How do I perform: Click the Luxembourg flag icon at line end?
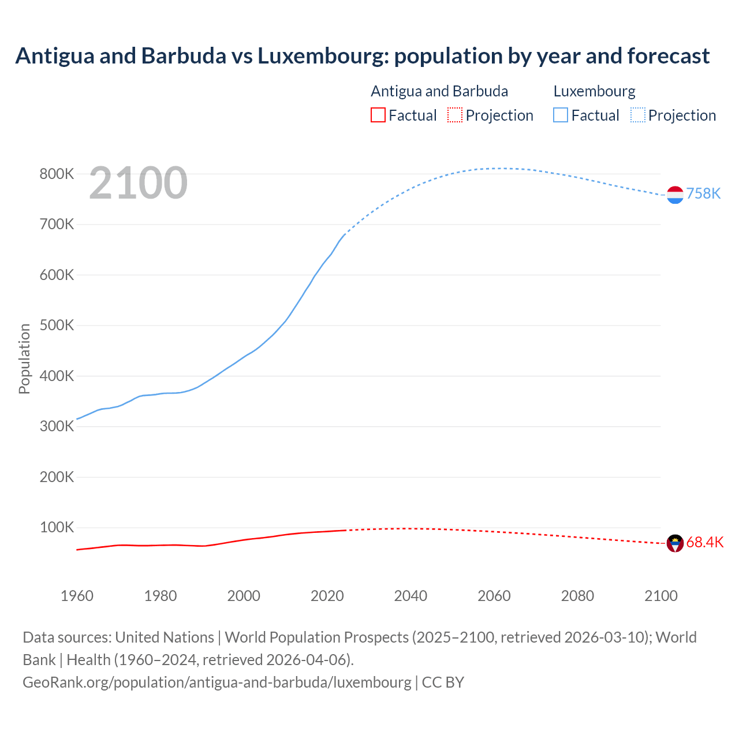[x=675, y=195]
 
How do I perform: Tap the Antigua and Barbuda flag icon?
[x=675, y=543]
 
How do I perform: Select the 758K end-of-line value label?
[x=703, y=193]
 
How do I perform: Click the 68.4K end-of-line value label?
[x=704, y=543]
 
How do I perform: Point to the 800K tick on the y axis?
[x=57, y=174]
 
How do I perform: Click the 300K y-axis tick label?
[x=57, y=427]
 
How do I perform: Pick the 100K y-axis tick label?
[x=57, y=528]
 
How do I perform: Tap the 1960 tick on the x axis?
[x=77, y=596]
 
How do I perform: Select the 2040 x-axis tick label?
[x=410, y=596]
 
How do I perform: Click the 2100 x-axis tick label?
[x=660, y=596]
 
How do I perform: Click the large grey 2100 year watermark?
[x=138, y=183]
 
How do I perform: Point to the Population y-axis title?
[x=24, y=359]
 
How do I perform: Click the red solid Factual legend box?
[x=378, y=115]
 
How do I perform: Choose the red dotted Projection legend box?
[x=455, y=115]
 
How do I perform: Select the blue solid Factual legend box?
[x=560, y=115]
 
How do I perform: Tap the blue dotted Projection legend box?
[x=637, y=115]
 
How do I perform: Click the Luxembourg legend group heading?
[x=594, y=91]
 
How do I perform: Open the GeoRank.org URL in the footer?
[x=217, y=682]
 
